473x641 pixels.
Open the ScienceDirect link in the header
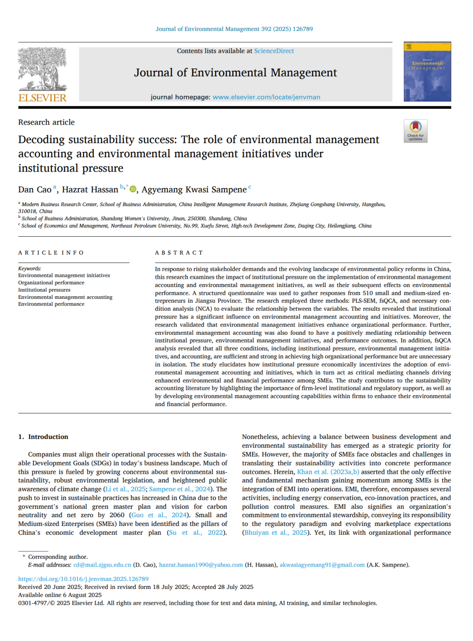click(x=274, y=51)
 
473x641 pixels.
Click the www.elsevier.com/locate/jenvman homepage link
click(x=266, y=97)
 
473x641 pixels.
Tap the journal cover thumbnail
click(x=427, y=72)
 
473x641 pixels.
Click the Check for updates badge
click(x=415, y=131)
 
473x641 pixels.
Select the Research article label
click(x=46, y=123)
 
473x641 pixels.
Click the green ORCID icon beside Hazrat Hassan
click(x=133, y=189)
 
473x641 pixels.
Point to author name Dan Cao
click(x=35, y=190)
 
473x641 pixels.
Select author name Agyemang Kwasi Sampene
click(x=194, y=190)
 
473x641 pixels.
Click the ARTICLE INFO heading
click(x=51, y=253)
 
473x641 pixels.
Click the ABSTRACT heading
click(x=179, y=253)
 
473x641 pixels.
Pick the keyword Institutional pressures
click(x=44, y=290)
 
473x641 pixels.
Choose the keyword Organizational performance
click(x=51, y=283)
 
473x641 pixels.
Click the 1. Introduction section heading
click(x=43, y=437)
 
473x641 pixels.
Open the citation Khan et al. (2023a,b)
click(x=328, y=472)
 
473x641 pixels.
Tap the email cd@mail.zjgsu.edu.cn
click(x=102, y=565)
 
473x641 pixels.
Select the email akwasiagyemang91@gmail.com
click(x=322, y=565)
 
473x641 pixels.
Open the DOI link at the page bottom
click(x=83, y=579)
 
